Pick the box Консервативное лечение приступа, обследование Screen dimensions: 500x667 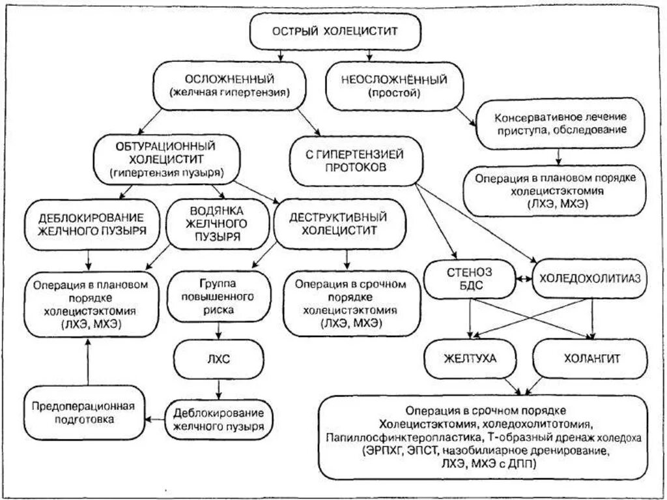point(561,124)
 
